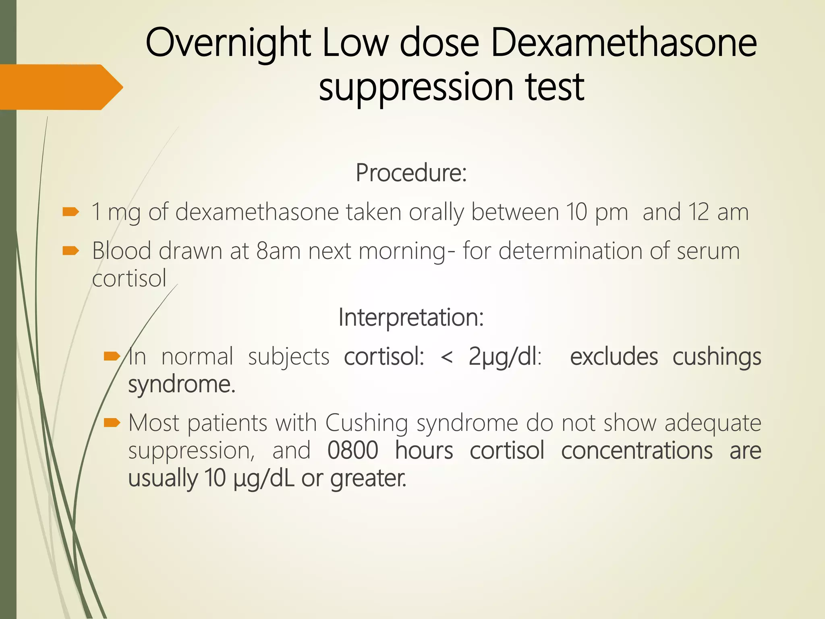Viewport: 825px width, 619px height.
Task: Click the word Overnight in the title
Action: click(x=228, y=43)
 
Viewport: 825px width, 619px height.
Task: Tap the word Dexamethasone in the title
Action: click(x=624, y=43)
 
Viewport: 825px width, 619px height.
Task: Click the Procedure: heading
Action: click(x=411, y=173)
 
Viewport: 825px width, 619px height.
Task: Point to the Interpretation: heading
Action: click(x=411, y=317)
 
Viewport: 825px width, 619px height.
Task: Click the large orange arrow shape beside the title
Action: click(x=60, y=87)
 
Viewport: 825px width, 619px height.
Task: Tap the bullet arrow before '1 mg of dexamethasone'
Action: click(x=71, y=212)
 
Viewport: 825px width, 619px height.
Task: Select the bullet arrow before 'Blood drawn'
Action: click(x=71, y=251)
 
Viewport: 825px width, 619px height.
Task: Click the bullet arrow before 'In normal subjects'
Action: click(x=112, y=356)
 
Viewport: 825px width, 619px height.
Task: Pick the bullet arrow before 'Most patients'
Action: click(x=112, y=422)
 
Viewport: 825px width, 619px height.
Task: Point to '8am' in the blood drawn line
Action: click(x=278, y=251)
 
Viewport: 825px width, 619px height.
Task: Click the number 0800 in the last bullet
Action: click(x=353, y=450)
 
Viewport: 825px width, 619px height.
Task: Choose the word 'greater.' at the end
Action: click(x=368, y=479)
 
